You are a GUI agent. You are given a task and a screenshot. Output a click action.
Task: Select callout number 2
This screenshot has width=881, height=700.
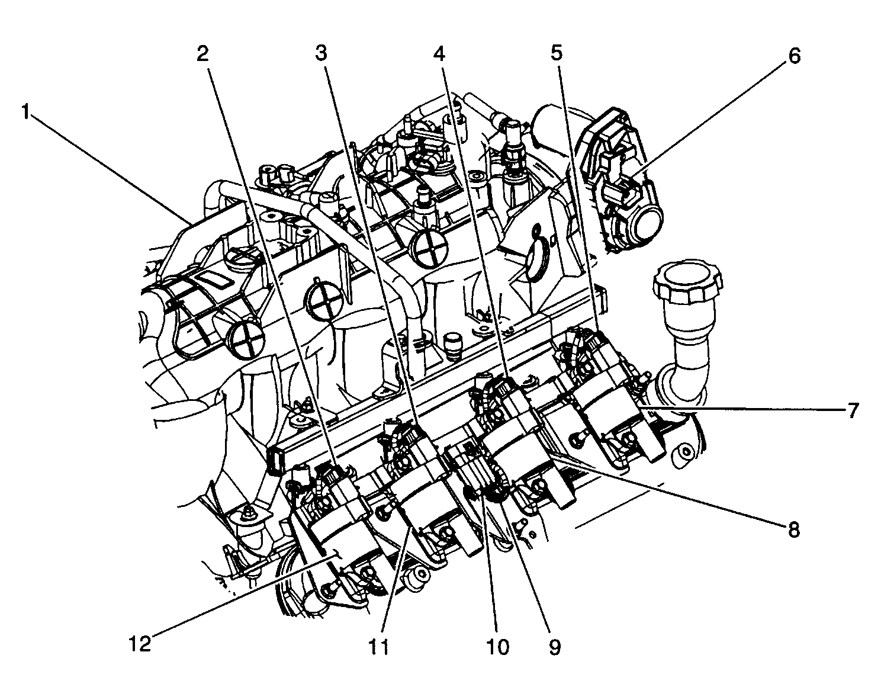point(202,54)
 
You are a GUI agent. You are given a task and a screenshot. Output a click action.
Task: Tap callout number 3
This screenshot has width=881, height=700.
point(320,54)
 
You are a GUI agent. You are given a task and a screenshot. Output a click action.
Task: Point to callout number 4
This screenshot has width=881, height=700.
point(438,54)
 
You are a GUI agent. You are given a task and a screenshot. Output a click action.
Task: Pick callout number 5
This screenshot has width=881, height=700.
point(556,54)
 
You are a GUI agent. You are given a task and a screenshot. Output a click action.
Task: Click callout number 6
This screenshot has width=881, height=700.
point(793,56)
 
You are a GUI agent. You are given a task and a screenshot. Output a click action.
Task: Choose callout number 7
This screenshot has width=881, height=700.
point(851,410)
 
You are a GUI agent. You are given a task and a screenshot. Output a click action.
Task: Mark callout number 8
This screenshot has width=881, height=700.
point(793,529)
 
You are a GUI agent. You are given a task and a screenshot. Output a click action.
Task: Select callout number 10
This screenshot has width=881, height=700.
point(497,647)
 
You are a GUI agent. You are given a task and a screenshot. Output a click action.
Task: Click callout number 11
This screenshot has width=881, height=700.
point(379,647)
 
